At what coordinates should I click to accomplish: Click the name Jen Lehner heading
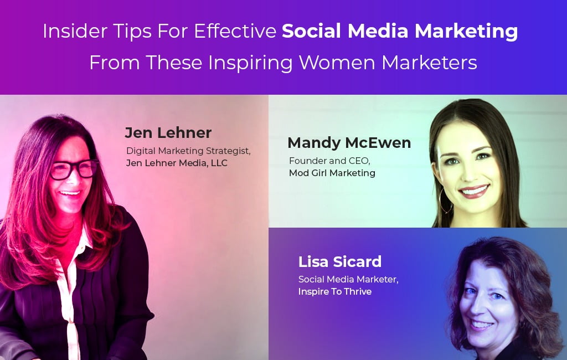(x=168, y=133)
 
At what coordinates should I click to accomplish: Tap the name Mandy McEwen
(x=349, y=142)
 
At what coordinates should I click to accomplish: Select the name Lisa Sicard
(x=340, y=261)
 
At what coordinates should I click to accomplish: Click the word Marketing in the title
(x=466, y=32)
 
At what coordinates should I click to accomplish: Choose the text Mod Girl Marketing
(x=332, y=173)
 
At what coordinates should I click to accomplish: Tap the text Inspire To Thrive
(x=335, y=292)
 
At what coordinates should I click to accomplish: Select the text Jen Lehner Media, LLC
(x=177, y=163)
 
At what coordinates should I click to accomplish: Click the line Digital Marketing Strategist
(x=188, y=151)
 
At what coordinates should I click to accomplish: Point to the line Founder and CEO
(x=329, y=161)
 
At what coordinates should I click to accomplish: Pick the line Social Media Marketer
(x=348, y=279)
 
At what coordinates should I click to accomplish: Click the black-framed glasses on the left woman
(x=75, y=169)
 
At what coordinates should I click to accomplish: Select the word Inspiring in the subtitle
(x=250, y=63)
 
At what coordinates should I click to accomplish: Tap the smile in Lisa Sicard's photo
(x=482, y=325)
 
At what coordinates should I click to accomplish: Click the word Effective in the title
(x=235, y=31)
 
